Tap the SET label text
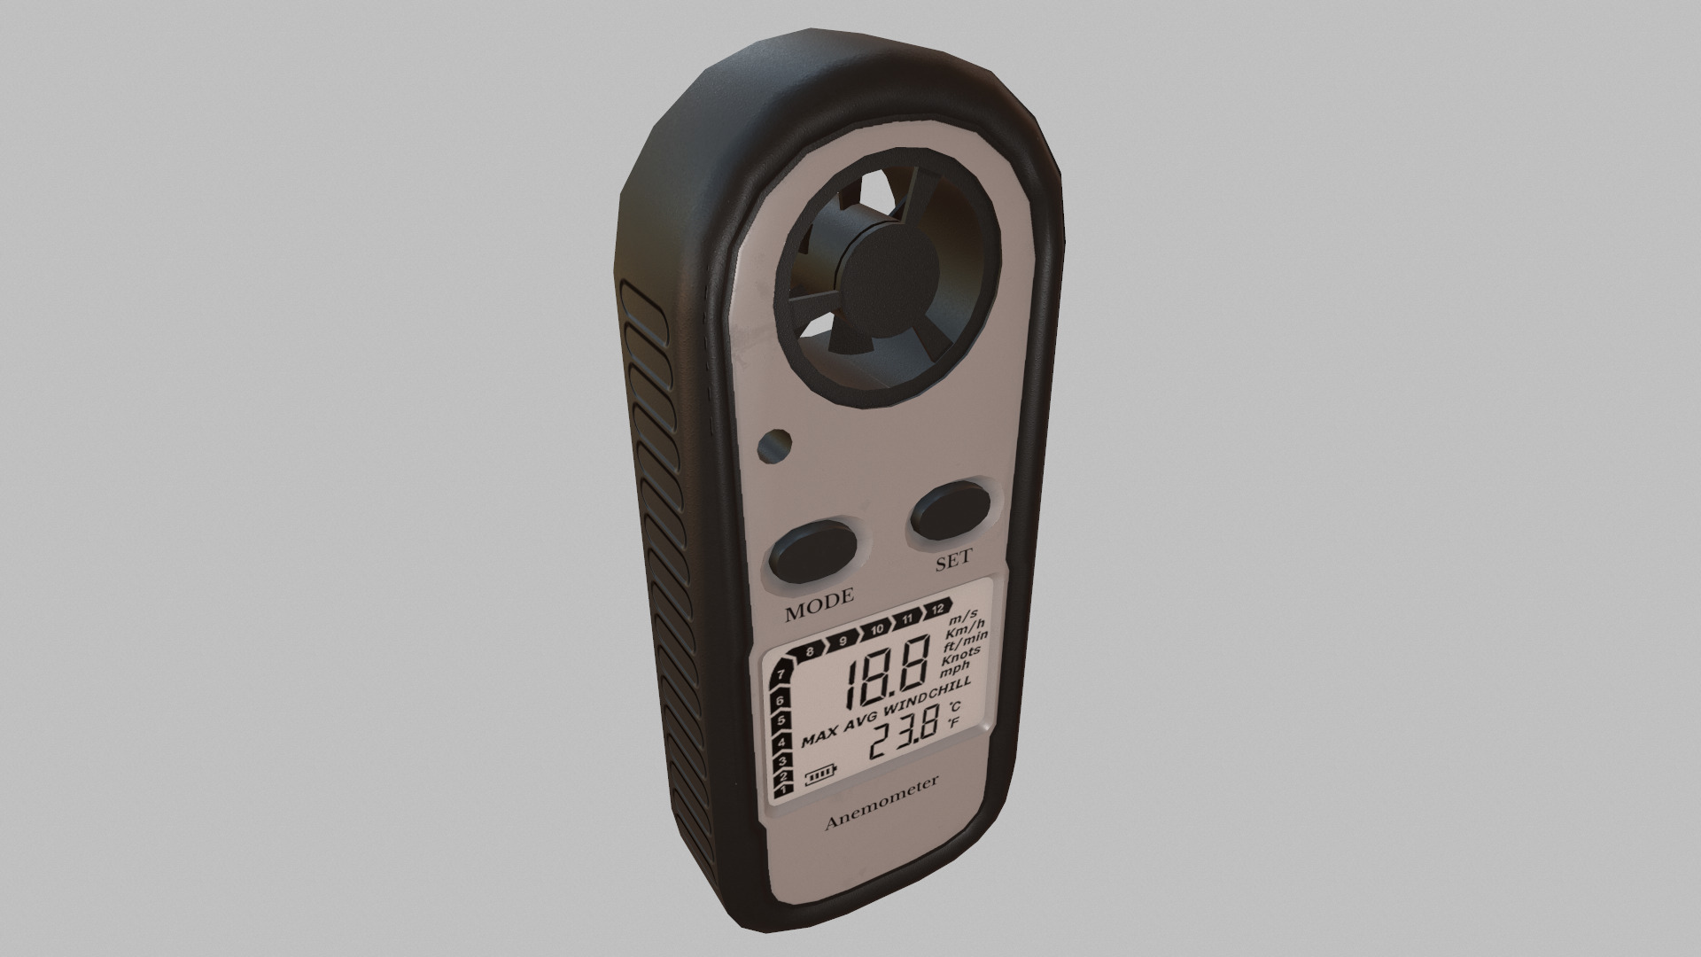pyautogui.click(x=953, y=560)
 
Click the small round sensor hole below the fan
pyautogui.click(x=775, y=445)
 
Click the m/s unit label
pyautogui.click(x=963, y=616)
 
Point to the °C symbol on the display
pyautogui.click(x=955, y=708)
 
